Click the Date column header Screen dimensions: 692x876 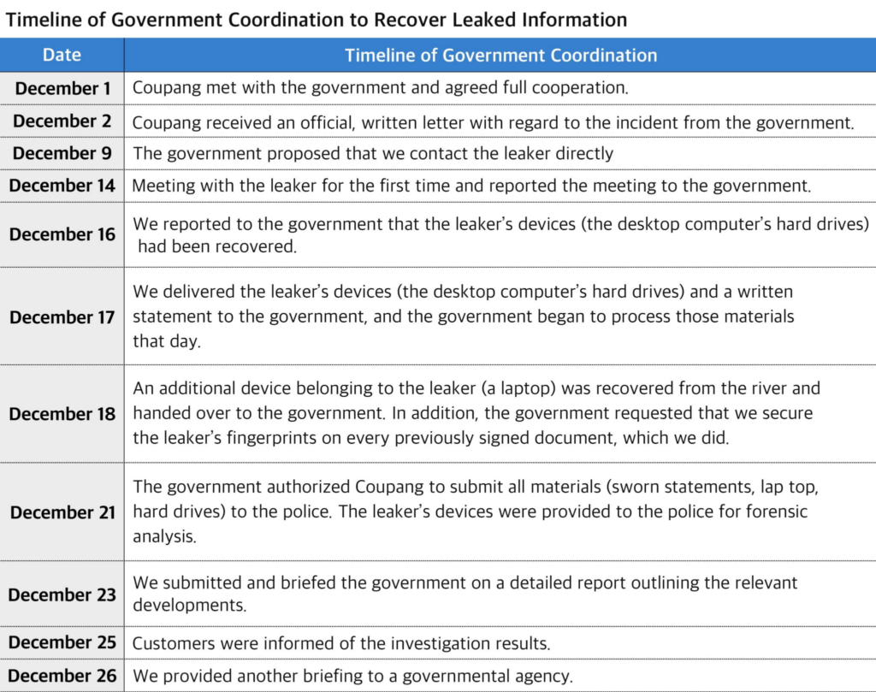tap(62, 56)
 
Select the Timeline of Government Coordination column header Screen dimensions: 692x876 tap(500, 56)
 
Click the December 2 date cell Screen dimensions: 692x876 tap(62, 121)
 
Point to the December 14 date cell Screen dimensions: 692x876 tap(62, 186)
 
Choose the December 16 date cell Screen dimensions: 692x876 tap(62, 234)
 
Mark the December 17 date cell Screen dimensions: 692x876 tap(62, 316)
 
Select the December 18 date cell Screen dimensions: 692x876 tap(62, 414)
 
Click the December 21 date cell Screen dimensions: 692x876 tap(62, 512)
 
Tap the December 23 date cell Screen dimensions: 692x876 tap(62, 594)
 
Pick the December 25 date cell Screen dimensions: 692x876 tap(62, 642)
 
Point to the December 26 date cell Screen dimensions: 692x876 tap(62, 676)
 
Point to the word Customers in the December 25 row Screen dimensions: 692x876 tap(171, 643)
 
